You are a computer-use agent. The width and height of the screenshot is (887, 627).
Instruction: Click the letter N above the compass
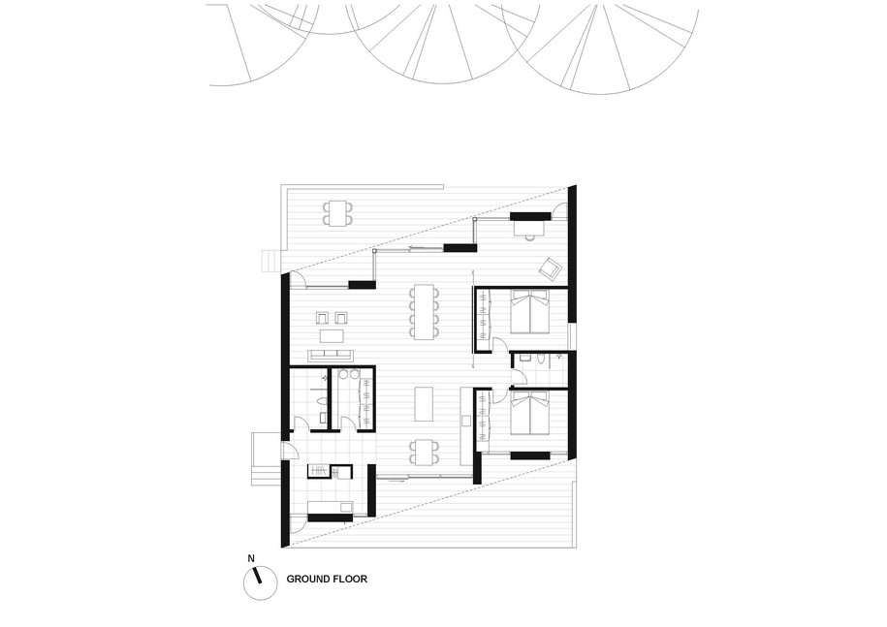[x=251, y=558]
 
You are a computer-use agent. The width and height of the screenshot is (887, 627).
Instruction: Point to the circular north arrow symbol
[x=260, y=584]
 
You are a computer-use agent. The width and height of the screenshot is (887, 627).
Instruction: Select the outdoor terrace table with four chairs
[x=337, y=213]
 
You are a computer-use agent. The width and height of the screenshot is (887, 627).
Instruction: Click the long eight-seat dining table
[x=426, y=312]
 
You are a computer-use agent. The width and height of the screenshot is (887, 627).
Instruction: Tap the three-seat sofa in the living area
[x=331, y=356]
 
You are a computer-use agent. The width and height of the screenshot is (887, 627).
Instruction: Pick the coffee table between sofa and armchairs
[x=332, y=336]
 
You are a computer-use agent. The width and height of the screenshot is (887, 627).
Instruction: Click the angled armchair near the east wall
[x=550, y=268]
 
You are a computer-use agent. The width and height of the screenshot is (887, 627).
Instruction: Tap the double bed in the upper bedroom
[x=529, y=312]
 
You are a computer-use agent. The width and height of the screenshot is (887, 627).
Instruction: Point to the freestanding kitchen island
[x=425, y=404]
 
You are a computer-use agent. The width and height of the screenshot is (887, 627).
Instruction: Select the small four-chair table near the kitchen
[x=426, y=452]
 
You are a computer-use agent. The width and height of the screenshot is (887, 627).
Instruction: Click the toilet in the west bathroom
[x=322, y=402]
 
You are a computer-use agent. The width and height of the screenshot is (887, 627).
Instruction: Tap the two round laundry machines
[x=348, y=374]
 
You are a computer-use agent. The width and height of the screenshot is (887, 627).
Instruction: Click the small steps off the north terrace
[x=271, y=262]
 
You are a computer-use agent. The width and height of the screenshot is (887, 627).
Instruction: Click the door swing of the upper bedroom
[x=499, y=345]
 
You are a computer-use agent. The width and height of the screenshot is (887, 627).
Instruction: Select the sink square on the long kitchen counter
[x=466, y=421]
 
